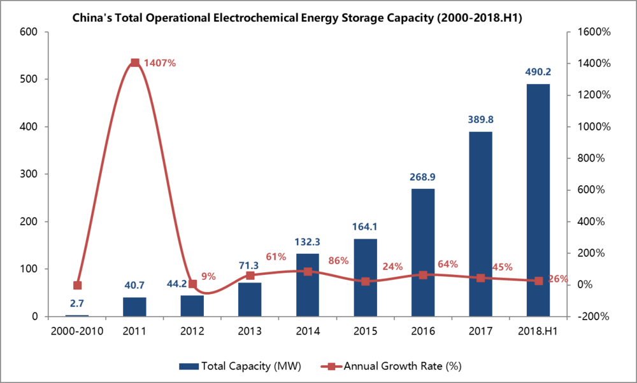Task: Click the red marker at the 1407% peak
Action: pos(135,62)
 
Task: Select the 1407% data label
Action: pos(160,63)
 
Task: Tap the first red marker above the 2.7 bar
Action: pos(77,285)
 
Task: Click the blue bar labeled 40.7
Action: pos(134,306)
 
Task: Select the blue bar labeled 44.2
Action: pos(192,305)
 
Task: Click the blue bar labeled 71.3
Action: pos(250,299)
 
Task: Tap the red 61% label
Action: pos(276,257)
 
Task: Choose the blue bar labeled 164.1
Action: pos(365,277)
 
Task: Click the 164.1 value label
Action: pos(365,226)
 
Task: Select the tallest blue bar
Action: pos(538,199)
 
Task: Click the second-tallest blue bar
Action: pos(480,223)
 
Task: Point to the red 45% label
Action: pos(502,267)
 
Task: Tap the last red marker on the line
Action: pos(538,281)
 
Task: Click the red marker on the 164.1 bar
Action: pos(365,281)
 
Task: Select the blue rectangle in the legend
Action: pos(189,366)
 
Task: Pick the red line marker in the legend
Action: pos(331,366)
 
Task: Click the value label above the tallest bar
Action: pos(538,72)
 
